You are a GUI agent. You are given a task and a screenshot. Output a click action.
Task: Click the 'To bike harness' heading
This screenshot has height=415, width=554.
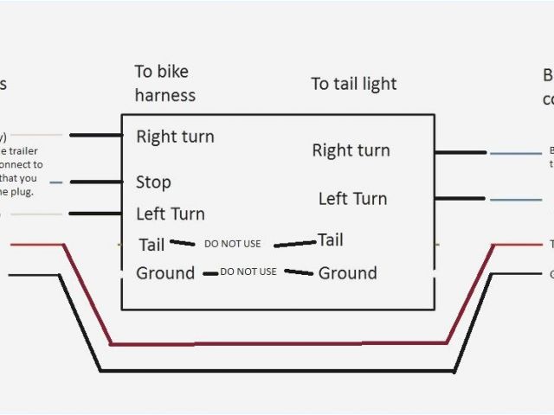click(x=164, y=83)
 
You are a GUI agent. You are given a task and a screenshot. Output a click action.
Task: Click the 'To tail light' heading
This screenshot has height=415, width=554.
click(x=354, y=84)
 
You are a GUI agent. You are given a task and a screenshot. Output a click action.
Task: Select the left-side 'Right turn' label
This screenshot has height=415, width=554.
click(x=175, y=137)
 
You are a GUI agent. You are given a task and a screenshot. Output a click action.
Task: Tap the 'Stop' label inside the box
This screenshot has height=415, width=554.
click(x=153, y=182)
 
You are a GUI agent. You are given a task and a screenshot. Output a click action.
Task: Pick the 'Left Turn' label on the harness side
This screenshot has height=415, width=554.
click(x=171, y=214)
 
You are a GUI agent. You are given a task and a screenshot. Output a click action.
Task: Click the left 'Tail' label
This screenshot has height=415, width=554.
click(x=151, y=245)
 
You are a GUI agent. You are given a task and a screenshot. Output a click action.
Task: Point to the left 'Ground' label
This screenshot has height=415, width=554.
click(x=165, y=273)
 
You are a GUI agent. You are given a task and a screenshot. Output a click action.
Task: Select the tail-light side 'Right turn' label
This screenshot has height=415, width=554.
click(x=351, y=150)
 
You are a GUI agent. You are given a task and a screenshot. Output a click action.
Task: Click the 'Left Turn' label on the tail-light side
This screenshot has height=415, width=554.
click(x=352, y=199)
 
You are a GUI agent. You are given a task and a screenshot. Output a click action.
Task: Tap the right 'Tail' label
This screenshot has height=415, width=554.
click(x=330, y=239)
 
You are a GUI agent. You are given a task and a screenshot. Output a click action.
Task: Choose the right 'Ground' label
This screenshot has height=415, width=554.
click(x=348, y=273)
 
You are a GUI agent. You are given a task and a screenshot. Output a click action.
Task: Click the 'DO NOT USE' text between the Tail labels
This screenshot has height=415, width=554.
click(x=232, y=244)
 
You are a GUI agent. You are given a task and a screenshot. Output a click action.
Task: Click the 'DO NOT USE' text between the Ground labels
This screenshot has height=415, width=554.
click(x=248, y=271)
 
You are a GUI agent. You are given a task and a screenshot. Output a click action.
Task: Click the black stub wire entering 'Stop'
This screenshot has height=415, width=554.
click(x=95, y=182)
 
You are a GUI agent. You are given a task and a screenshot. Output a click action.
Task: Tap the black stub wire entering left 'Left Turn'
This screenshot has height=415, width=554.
click(x=95, y=213)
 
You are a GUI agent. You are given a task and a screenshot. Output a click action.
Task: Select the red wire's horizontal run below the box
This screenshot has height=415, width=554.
click(x=277, y=343)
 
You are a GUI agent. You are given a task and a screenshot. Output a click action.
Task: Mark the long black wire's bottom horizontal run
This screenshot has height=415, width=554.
click(x=277, y=371)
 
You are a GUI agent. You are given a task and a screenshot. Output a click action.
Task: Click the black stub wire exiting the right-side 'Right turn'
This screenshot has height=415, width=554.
click(x=460, y=153)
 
